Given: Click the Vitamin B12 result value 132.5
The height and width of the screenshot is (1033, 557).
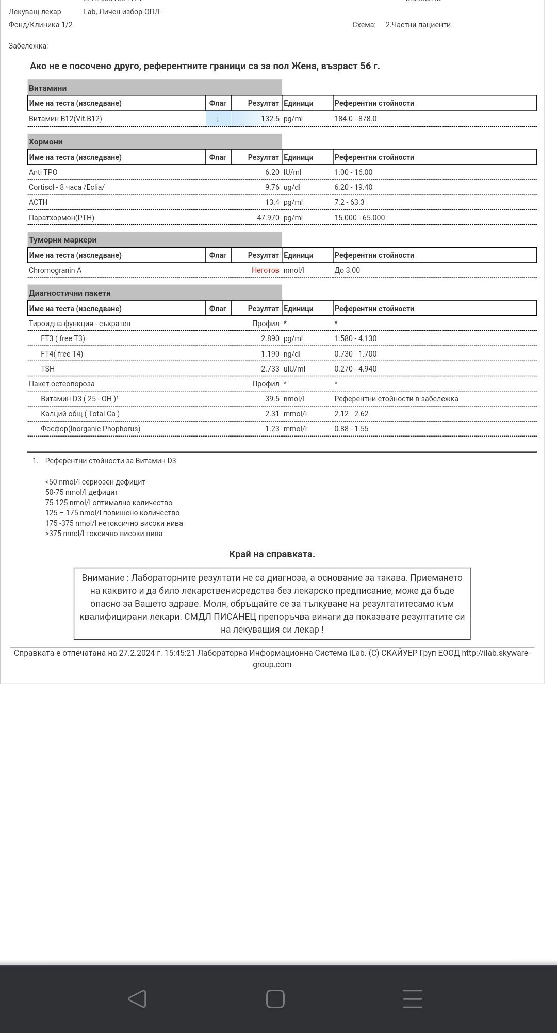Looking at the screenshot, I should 270,119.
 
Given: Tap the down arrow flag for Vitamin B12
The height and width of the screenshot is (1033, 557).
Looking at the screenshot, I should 218,119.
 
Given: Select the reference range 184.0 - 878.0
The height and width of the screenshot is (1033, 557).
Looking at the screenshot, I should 355,119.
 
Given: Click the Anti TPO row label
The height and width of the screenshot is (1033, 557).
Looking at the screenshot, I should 43,172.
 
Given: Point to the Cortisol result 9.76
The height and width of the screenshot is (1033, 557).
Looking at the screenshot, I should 272,187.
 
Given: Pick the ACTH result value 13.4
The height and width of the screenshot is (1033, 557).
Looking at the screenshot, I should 272,202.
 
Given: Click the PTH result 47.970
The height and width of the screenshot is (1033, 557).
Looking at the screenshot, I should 268,218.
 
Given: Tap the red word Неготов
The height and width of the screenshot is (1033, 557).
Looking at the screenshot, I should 265,270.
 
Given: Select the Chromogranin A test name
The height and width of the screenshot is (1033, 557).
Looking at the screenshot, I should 55,270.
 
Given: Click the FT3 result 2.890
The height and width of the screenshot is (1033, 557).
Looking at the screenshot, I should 270,338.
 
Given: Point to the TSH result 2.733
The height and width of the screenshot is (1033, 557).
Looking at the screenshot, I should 270,369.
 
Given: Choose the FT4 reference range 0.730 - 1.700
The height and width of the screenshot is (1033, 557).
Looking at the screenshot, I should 355,354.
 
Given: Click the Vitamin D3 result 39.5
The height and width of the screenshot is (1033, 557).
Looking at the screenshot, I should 272,399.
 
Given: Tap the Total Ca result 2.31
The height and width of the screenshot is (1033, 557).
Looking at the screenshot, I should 272,414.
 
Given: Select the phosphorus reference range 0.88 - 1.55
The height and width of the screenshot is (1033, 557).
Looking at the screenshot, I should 351,429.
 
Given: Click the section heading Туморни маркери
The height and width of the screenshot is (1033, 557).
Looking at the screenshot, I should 63,240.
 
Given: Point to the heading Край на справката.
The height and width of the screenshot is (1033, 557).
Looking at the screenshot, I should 272,554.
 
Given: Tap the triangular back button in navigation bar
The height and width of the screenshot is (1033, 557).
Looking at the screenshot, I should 137,999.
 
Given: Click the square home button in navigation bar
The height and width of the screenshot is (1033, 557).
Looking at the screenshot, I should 275,999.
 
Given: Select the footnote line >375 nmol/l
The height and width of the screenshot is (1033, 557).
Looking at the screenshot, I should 104,534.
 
